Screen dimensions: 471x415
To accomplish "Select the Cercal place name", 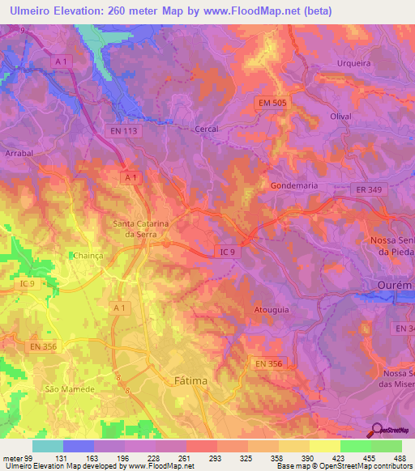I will (208, 129).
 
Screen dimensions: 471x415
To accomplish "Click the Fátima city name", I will (191, 380).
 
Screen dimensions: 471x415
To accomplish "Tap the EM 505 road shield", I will (273, 103).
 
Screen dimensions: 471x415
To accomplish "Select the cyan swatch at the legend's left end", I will (48, 446).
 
